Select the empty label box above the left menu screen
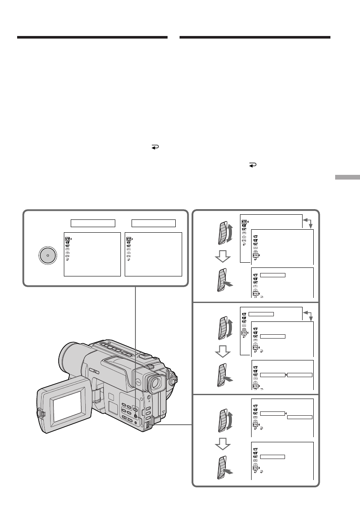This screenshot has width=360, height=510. [x=93, y=223]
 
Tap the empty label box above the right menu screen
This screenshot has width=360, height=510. [x=153, y=223]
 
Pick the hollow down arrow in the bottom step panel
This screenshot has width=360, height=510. [x=222, y=448]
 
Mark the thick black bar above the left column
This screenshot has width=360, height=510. [x=92, y=38]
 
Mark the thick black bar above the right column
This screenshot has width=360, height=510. [x=255, y=38]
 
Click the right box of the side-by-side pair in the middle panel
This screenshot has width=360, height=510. [x=300, y=375]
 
